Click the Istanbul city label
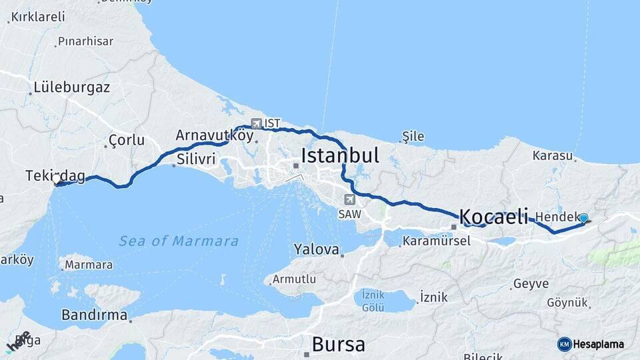click(x=340, y=156)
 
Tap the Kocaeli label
click(x=493, y=217)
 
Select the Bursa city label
click(x=339, y=345)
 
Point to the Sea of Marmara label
click(x=179, y=241)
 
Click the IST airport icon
click(x=257, y=123)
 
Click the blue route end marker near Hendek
click(x=584, y=218)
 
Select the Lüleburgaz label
click(x=71, y=87)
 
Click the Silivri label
click(x=197, y=160)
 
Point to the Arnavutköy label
click(x=215, y=135)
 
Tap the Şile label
click(x=413, y=137)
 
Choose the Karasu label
click(x=553, y=156)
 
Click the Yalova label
click(x=316, y=250)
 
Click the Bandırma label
click(x=94, y=315)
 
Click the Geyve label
click(x=531, y=284)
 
